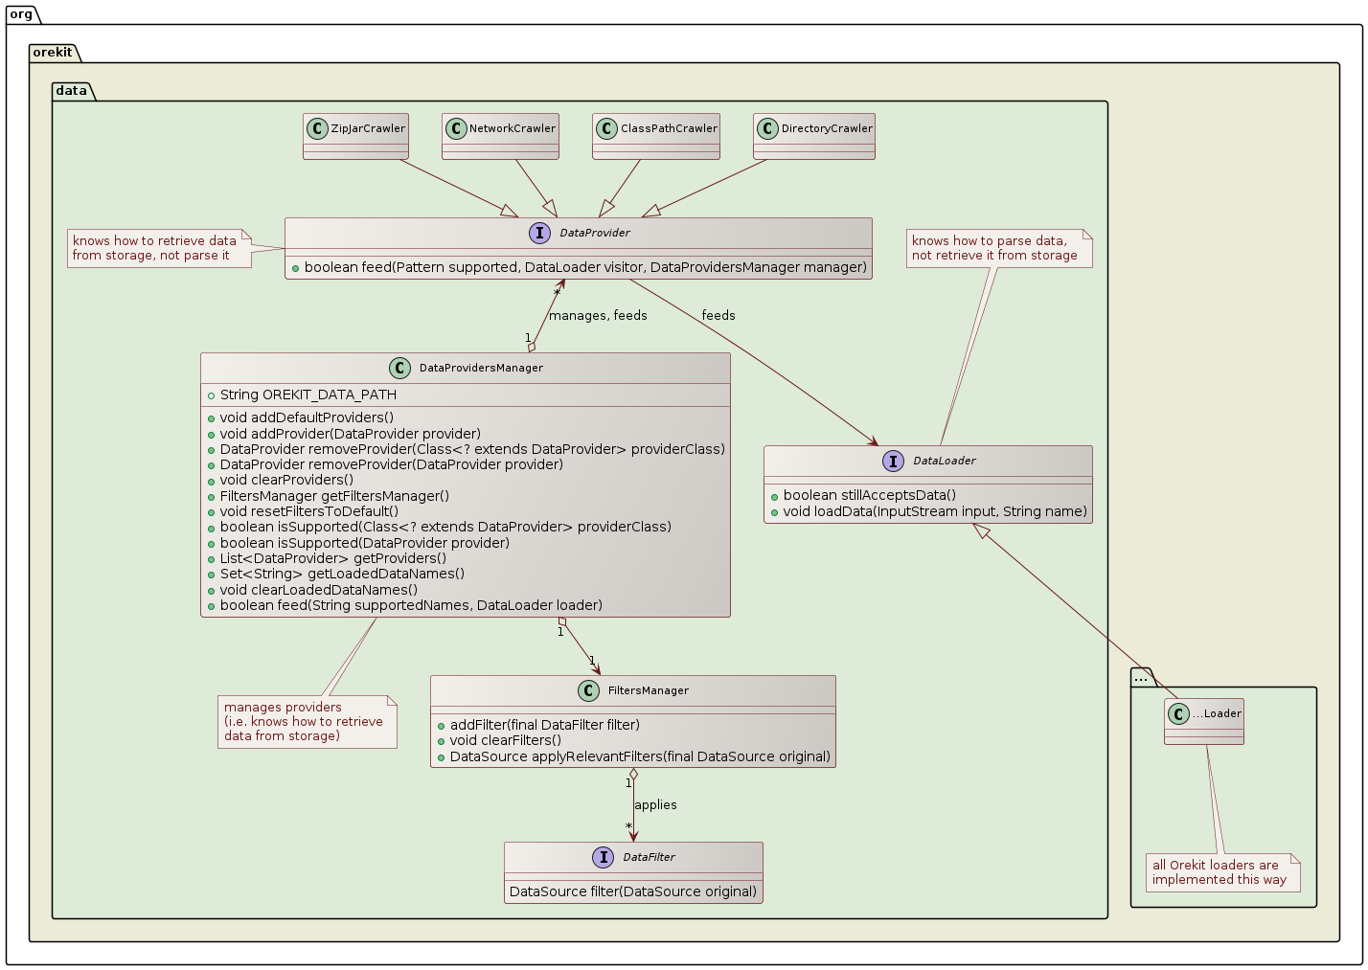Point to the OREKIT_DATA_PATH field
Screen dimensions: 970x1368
click(308, 395)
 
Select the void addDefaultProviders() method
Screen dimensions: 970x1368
click(307, 417)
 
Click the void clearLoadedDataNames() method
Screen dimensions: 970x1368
click(318, 590)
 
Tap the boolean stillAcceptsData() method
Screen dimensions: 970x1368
click(869, 495)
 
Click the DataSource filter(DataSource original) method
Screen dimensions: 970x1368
click(633, 891)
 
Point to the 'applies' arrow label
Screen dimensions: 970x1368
click(655, 805)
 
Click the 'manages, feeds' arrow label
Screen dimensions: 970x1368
click(598, 316)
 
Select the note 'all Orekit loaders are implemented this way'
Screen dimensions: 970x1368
click(1221, 872)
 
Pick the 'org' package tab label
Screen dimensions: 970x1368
click(21, 13)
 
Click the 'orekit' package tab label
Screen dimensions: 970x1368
click(52, 52)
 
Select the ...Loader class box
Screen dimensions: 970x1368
click(1204, 720)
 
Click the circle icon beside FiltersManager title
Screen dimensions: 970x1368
click(589, 690)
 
